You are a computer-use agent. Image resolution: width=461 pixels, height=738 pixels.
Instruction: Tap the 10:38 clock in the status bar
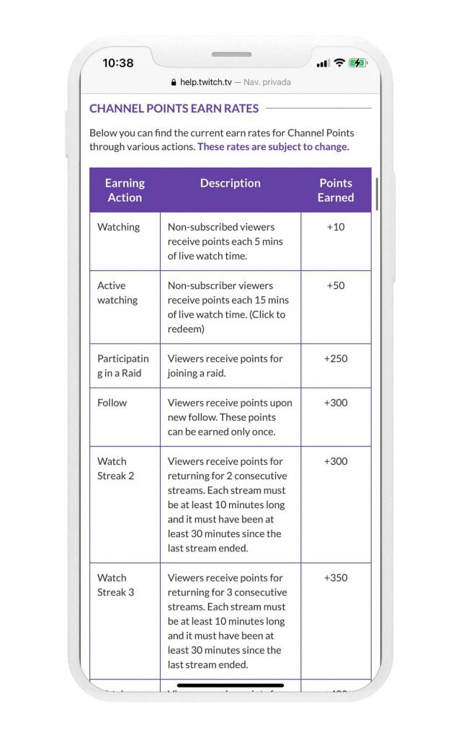117,63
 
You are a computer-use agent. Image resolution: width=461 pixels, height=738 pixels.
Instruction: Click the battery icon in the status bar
358,63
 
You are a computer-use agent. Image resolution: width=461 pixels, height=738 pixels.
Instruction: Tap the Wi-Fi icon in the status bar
339,63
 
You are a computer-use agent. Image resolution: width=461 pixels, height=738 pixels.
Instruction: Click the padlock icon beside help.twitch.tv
174,83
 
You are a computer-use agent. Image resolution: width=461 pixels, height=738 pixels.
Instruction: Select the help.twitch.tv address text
206,83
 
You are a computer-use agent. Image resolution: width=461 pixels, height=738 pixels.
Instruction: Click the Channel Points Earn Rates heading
174,109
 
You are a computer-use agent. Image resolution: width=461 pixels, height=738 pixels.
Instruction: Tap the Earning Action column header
125,190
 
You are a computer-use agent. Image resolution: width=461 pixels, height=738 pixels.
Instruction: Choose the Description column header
230,183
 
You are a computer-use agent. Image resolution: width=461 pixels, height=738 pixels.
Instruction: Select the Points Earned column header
336,190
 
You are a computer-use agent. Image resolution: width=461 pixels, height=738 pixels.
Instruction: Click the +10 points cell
336,227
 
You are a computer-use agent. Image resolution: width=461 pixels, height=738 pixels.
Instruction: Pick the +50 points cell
336,285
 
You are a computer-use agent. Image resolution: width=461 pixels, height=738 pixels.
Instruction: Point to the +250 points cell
336,358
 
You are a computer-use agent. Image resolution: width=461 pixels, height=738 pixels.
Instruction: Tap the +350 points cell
336,577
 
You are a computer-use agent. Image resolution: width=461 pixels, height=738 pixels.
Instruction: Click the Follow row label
112,402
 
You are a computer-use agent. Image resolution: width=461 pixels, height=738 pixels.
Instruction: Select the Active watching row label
117,293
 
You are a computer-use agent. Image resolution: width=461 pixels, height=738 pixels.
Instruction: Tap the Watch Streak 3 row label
116,584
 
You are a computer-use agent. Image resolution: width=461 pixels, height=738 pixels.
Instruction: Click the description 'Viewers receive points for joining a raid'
225,365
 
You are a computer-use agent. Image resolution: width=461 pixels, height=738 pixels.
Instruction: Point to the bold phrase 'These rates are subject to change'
273,146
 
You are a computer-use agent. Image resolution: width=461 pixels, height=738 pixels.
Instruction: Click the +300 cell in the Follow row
336,402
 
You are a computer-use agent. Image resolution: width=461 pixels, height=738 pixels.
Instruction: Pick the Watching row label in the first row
119,227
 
